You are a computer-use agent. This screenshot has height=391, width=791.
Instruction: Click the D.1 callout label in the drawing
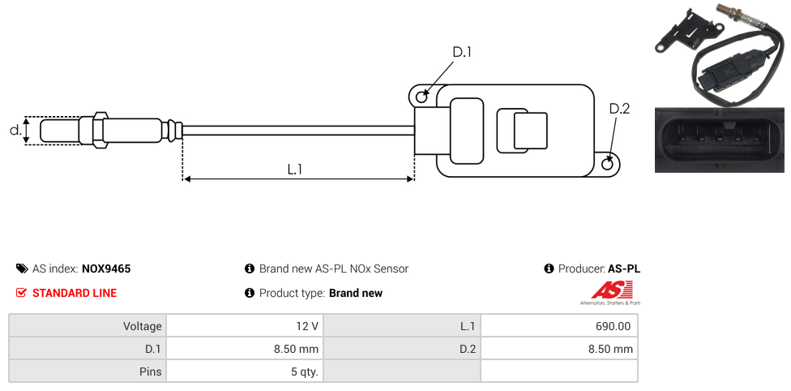[x=461, y=52]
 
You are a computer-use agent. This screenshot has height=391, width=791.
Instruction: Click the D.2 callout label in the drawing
[x=618, y=110]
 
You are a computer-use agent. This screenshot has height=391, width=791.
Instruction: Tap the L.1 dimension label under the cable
[x=295, y=169]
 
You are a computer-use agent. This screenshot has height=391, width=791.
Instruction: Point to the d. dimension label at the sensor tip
[x=14, y=130]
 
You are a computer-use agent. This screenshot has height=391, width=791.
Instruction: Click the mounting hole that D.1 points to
[x=421, y=97]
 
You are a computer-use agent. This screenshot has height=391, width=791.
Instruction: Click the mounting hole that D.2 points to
[x=609, y=165]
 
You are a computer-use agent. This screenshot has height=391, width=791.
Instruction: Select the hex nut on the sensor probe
[x=100, y=130]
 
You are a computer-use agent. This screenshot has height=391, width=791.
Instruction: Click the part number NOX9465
[x=106, y=269]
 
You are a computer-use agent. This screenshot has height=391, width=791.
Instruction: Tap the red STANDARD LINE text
[x=74, y=293]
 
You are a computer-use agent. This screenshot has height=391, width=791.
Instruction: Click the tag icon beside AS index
[x=22, y=269]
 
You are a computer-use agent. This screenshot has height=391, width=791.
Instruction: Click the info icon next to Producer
[x=549, y=269]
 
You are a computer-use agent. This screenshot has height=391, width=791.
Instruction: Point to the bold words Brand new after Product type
[x=355, y=293]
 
